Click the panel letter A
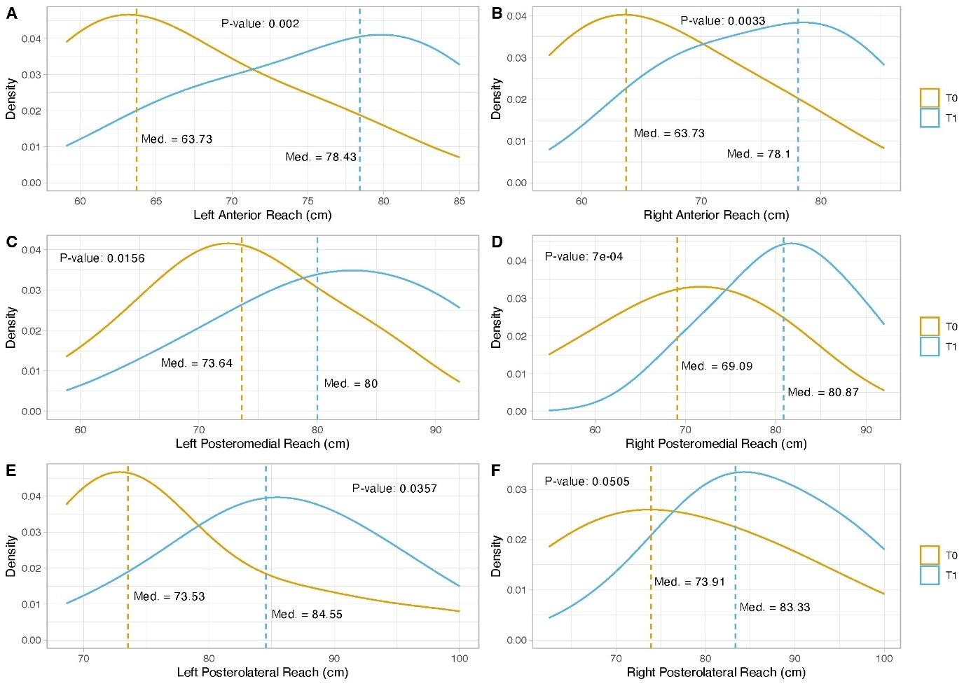(x=11, y=13)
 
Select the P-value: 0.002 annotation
(x=260, y=24)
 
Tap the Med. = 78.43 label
(x=321, y=157)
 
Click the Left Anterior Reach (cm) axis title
(x=262, y=215)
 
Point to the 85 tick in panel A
(x=459, y=202)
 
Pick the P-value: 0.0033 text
(x=722, y=21)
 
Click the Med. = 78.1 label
(x=758, y=154)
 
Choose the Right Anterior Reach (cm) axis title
(x=715, y=215)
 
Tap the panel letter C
(x=11, y=242)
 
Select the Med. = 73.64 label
(x=196, y=363)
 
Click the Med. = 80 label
(x=350, y=384)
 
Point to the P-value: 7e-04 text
(x=584, y=257)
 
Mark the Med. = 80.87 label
(x=822, y=392)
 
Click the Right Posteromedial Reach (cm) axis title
(x=715, y=443)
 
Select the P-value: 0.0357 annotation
(x=394, y=489)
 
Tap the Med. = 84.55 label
(x=307, y=615)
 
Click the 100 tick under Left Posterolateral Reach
(x=460, y=659)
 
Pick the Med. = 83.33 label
(x=774, y=607)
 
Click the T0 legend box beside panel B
(x=930, y=98)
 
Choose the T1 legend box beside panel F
(x=930, y=575)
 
